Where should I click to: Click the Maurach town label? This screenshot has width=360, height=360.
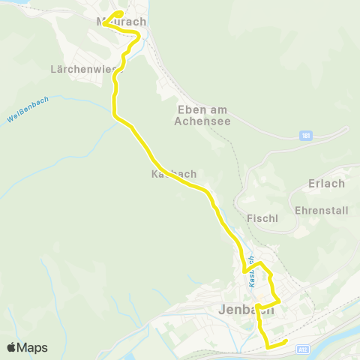[121, 22]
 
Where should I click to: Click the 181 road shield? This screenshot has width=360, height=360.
[305, 136]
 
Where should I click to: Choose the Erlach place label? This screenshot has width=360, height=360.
[326, 184]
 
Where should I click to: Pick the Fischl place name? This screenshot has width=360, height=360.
[262, 218]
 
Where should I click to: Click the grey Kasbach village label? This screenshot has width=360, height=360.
[173, 173]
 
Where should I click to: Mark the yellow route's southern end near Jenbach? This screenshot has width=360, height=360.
[286, 343]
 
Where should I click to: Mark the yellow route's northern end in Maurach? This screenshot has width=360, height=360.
[120, 13]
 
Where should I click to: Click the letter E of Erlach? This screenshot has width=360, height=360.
[311, 184]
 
